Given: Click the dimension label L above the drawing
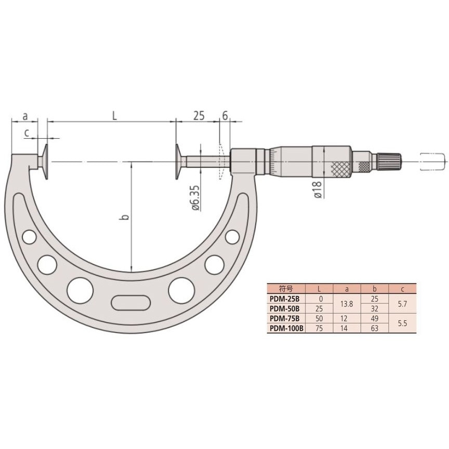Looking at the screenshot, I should (114, 115).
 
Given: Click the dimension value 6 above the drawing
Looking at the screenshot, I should (225, 115).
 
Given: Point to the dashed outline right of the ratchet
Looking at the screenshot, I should (432, 161).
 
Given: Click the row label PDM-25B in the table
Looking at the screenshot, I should (285, 299).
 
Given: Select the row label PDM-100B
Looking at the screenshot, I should (285, 328).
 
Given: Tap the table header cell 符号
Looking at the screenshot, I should (285, 288).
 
